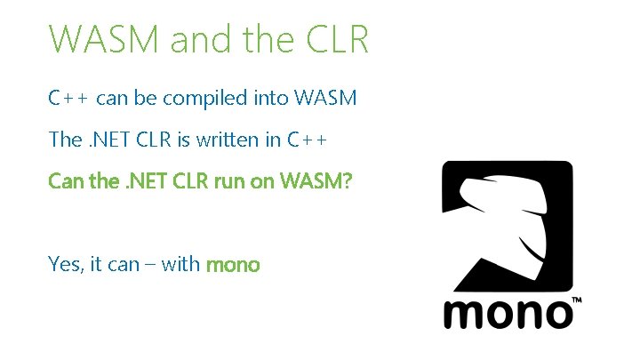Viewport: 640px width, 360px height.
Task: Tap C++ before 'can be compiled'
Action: coord(68,98)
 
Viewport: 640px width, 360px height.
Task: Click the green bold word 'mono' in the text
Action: coord(233,264)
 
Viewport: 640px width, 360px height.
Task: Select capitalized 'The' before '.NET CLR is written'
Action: coord(65,140)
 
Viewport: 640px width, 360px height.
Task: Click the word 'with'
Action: coord(181,264)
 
